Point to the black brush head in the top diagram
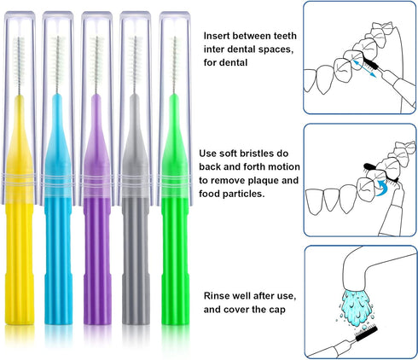pos(373,62)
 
